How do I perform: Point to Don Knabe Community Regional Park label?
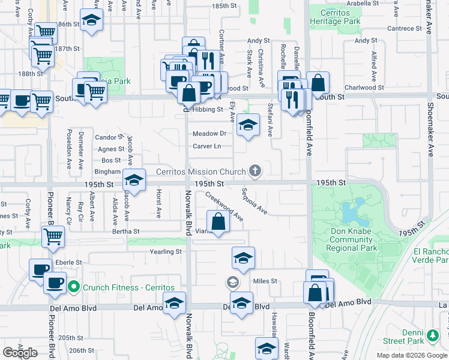coord(353,239)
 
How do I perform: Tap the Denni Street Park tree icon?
coord(432,334)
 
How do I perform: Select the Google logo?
coord(20,353)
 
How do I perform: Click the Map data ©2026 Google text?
coord(412,355)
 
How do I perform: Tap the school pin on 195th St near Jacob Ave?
coord(134,179)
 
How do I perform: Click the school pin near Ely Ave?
coord(247,125)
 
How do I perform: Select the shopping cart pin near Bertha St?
coord(53,236)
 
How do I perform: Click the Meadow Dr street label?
coord(209,134)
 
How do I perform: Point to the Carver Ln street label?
coord(206,146)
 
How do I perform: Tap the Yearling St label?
coord(166,252)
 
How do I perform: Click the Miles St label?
coord(265,281)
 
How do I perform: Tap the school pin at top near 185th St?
coord(91,22)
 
